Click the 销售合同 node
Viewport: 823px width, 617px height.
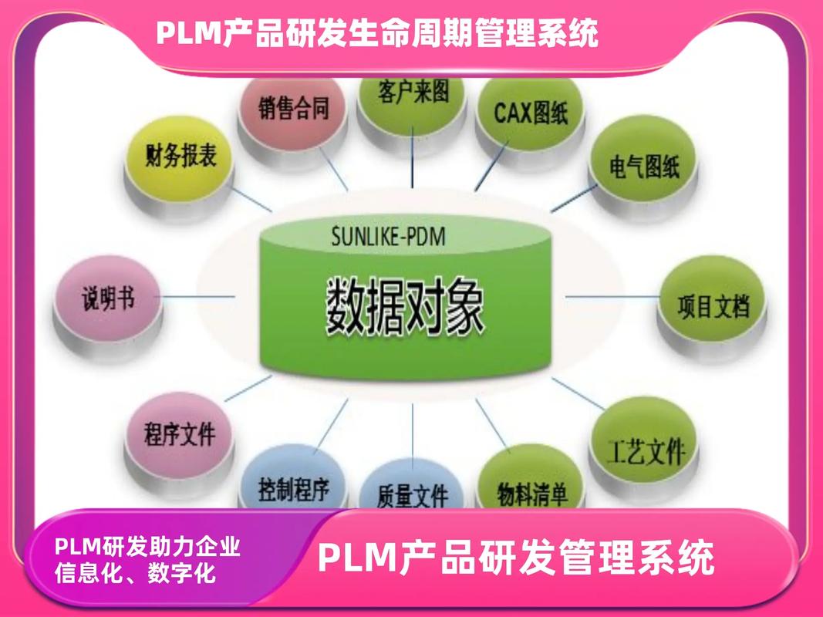293,109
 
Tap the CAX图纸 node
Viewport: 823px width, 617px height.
531,113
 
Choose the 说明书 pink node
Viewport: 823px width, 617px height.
109,298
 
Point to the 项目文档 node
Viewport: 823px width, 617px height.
713,305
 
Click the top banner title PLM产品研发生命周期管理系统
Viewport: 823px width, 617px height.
377,33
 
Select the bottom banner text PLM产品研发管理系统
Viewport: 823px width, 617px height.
516,558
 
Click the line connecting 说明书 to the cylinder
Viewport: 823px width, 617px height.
197,296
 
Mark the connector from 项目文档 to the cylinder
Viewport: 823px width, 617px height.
610,296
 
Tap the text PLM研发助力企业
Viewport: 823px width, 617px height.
147,547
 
